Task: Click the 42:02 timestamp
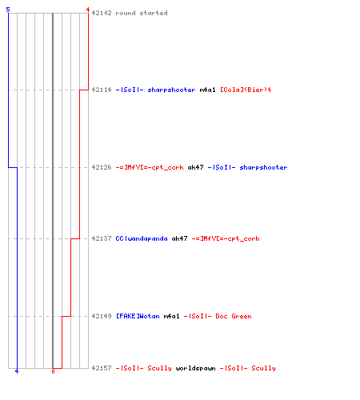click(102, 13)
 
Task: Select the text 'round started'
click(142, 13)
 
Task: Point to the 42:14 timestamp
click(102, 90)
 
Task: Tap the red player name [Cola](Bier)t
click(246, 90)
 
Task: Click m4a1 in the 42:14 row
click(207, 90)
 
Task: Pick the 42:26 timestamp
click(102, 167)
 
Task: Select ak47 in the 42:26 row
click(195, 167)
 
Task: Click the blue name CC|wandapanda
click(142, 238)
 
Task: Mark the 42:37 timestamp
click(102, 238)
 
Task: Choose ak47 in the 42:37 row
click(179, 238)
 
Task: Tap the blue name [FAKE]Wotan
click(138, 316)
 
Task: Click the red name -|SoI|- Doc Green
click(218, 316)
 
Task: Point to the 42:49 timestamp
click(102, 316)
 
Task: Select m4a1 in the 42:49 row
click(171, 316)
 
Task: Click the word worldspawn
click(195, 368)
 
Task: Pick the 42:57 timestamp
click(102, 368)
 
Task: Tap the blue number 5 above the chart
click(8, 10)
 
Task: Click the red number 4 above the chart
click(88, 10)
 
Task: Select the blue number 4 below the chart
click(17, 371)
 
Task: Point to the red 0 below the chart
click(53, 371)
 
